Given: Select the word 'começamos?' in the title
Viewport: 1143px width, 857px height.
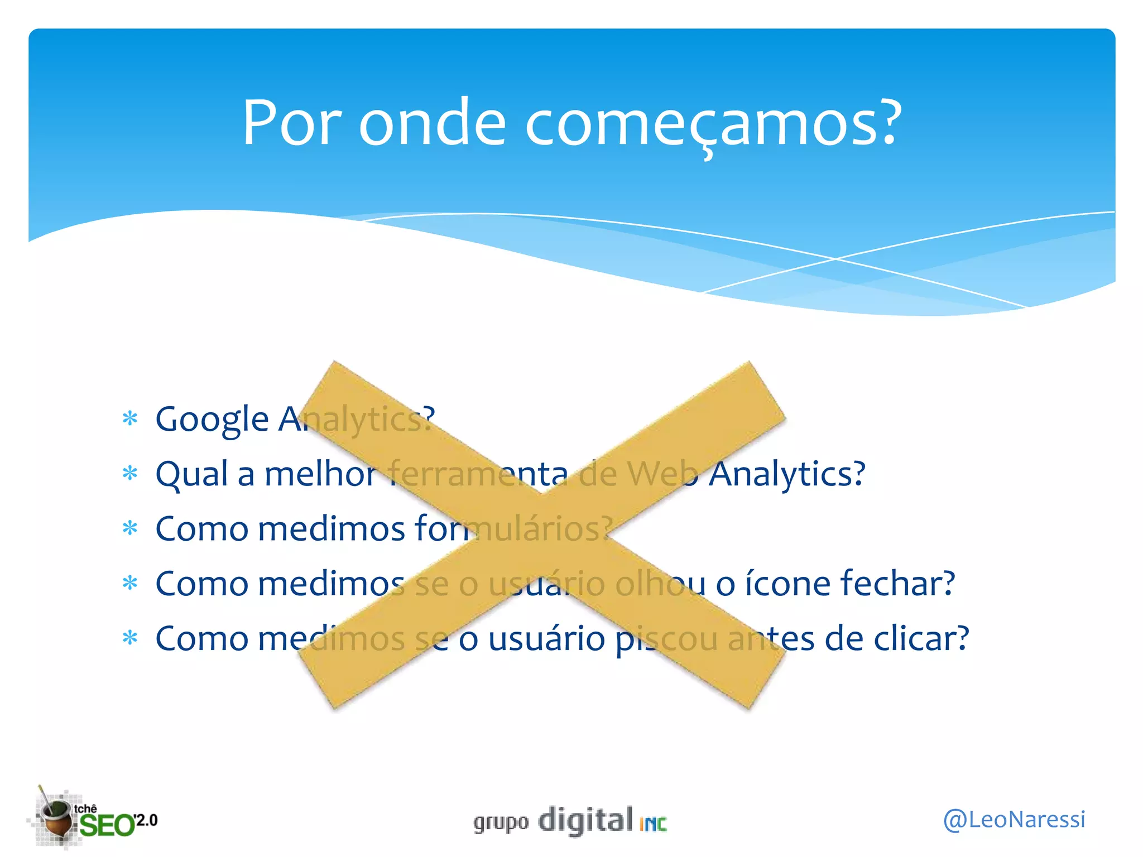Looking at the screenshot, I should click(713, 124).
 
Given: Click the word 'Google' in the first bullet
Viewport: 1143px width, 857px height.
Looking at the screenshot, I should click(212, 420).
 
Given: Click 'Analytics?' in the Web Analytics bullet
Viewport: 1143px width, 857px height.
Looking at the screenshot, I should click(787, 474).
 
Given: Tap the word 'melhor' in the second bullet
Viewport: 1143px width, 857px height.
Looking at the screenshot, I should click(320, 474).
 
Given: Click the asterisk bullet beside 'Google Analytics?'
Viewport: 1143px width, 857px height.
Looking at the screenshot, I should click(130, 418).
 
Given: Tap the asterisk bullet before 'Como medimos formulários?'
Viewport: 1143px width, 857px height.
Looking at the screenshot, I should click(130, 528).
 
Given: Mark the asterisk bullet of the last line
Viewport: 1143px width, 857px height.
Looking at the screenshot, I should click(130, 638).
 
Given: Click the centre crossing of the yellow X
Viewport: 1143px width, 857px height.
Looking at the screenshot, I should click(541, 535).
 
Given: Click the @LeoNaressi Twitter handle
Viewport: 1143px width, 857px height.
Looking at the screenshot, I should click(1014, 820).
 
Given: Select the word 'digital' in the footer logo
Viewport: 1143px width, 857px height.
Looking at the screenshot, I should click(585, 820).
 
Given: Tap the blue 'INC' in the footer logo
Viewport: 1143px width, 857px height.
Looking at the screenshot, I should click(653, 824).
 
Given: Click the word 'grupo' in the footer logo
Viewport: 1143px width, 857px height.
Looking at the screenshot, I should click(501, 823).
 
